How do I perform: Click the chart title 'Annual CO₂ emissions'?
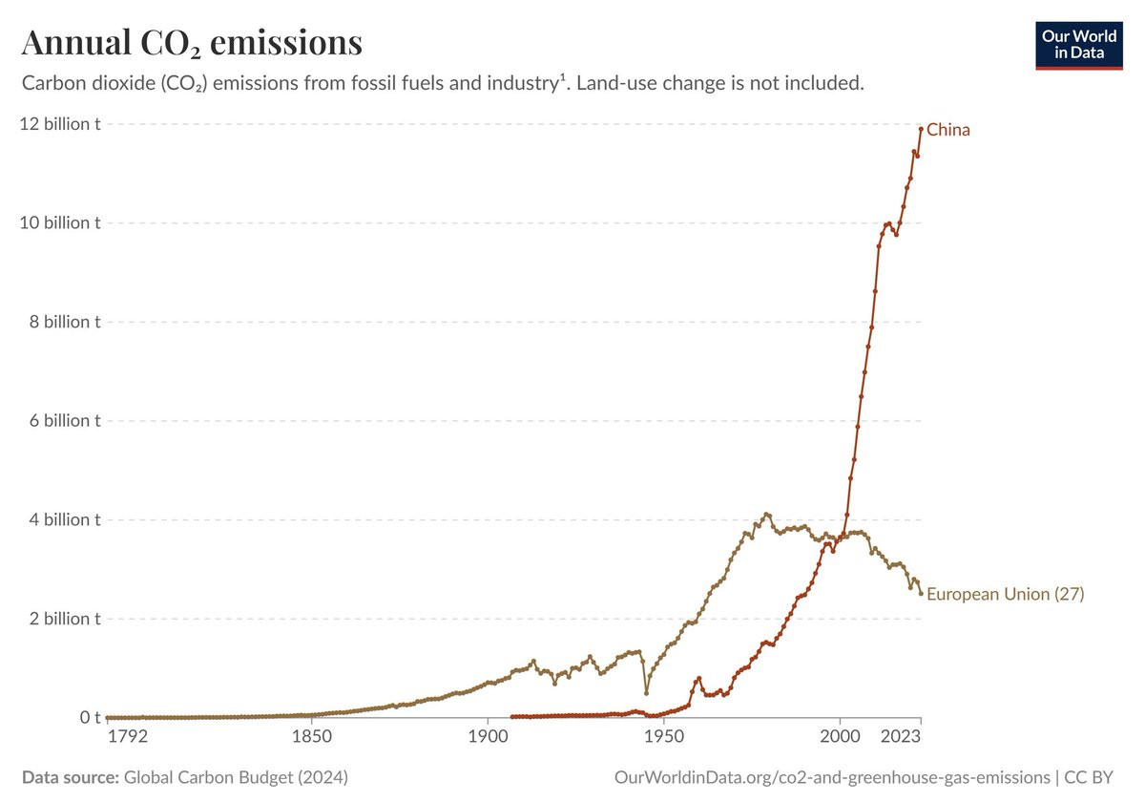(x=192, y=42)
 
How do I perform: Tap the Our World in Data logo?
(x=1079, y=46)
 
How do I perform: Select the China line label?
(x=947, y=130)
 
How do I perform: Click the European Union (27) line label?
(x=1005, y=594)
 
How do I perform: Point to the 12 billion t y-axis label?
(x=60, y=124)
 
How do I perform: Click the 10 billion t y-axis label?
(x=60, y=222)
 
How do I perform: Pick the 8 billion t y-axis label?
(x=65, y=322)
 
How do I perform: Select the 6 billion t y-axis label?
(x=65, y=420)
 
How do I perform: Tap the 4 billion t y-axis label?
(x=65, y=519)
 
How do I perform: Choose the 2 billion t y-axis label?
(x=65, y=619)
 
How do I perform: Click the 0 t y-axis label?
(x=90, y=717)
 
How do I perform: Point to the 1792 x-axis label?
(x=127, y=736)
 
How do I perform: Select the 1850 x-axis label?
(x=312, y=736)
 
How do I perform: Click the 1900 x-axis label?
(x=488, y=736)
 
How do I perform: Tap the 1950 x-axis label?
(x=663, y=736)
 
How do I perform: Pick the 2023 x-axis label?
(x=901, y=736)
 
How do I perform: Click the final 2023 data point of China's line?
(x=921, y=129)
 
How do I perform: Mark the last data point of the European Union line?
(x=921, y=593)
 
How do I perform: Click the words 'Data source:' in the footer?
(x=71, y=777)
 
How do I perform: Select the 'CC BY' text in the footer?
(x=1089, y=777)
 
